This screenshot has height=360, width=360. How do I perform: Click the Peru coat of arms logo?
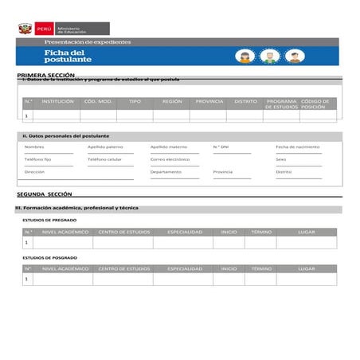pyautogui.click(x=24, y=29)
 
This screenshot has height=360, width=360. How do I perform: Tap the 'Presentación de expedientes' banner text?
pyautogui.click(x=88, y=41)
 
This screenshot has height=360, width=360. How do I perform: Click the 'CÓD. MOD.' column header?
pyautogui.click(x=98, y=102)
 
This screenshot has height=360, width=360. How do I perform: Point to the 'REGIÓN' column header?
pyautogui.click(x=172, y=102)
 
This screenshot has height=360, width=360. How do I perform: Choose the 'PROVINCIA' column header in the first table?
pyautogui.click(x=209, y=102)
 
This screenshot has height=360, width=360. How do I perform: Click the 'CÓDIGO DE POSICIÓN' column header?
pyautogui.click(x=316, y=104)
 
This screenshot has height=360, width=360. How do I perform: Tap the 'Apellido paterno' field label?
pyautogui.click(x=105, y=147)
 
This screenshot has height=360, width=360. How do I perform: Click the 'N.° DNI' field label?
pyautogui.click(x=221, y=147)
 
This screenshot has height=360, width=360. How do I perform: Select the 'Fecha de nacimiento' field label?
pyautogui.click(x=297, y=147)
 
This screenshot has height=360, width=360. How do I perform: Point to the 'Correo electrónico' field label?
pyautogui.click(x=170, y=159)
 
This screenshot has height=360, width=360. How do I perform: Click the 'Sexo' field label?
pyautogui.click(x=281, y=159)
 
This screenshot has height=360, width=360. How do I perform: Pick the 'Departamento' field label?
pyautogui.click(x=166, y=172)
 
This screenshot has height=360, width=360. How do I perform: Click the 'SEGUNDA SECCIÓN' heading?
pyautogui.click(x=45, y=194)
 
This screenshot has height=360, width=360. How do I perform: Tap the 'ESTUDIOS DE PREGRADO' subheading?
pyautogui.click(x=50, y=220)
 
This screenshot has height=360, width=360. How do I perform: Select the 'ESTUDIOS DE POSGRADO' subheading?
pyautogui.click(x=50, y=257)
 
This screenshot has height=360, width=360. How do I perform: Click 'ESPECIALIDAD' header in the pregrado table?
pyautogui.click(x=185, y=232)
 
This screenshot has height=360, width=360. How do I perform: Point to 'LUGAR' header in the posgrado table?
pyautogui.click(x=307, y=269)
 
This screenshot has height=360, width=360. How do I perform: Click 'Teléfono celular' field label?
pyautogui.click(x=104, y=159)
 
